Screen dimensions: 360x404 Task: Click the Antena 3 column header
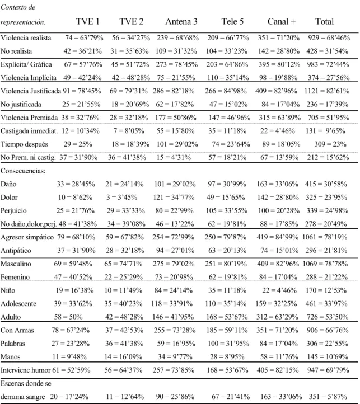(181, 21)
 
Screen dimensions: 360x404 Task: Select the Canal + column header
(282, 21)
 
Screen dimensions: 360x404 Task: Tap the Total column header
(324, 21)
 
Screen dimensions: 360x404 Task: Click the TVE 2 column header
(131, 21)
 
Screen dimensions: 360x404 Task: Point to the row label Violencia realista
(26, 38)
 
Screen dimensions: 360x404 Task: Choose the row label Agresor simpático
(27, 237)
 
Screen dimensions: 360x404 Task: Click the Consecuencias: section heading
(23, 171)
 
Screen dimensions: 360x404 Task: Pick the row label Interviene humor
(26, 370)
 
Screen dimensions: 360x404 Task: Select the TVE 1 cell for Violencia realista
(84, 38)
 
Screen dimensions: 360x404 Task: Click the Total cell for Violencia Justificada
(327, 91)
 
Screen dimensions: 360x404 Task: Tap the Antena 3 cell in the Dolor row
(174, 198)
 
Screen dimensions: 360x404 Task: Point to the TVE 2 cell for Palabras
(124, 344)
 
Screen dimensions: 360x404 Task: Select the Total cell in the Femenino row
(327, 277)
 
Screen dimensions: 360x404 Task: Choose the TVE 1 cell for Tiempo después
(78, 144)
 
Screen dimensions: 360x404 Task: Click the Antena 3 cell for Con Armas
(175, 330)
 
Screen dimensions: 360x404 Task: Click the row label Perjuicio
(13, 211)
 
